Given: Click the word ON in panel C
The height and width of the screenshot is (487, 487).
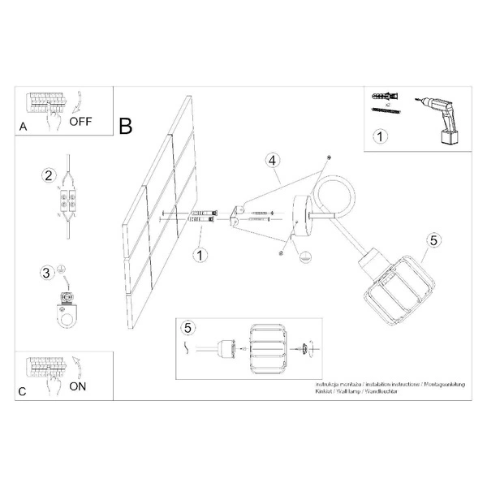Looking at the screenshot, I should pyautogui.click(x=78, y=386).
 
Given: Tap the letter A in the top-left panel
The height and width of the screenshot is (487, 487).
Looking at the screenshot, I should pyautogui.click(x=23, y=128).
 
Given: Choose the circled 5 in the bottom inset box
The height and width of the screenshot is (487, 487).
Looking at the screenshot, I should pyautogui.click(x=188, y=328).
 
